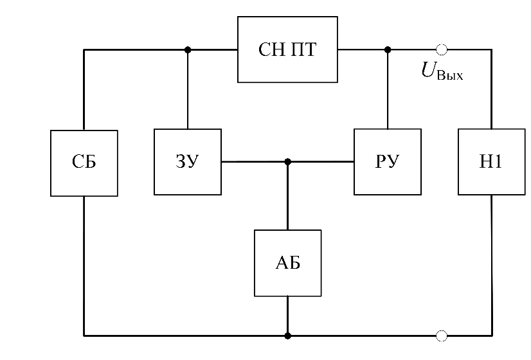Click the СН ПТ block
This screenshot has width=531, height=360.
point(287,50)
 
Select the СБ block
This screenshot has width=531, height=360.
point(84,163)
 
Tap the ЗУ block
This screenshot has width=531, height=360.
point(187,162)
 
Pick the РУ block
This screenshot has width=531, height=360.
point(388,162)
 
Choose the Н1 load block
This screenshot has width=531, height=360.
point(491,162)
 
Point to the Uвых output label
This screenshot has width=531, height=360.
point(442,71)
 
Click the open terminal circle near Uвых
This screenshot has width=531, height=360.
point(442,50)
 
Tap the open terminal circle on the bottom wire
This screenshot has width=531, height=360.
point(442,335)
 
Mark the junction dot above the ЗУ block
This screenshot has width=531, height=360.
point(187,50)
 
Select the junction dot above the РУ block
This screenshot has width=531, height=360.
point(387,50)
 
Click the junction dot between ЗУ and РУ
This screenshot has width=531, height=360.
point(287,162)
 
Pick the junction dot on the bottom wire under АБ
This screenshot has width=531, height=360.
point(287,335)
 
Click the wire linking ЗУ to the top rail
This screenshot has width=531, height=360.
point(187,90)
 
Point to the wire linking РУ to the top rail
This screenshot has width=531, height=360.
point(387,90)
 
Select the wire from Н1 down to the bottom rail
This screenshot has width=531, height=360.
point(491,264)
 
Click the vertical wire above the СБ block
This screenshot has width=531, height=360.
point(84,90)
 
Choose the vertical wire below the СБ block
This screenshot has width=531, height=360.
point(84,264)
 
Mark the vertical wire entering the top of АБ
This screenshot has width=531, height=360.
point(287,196)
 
